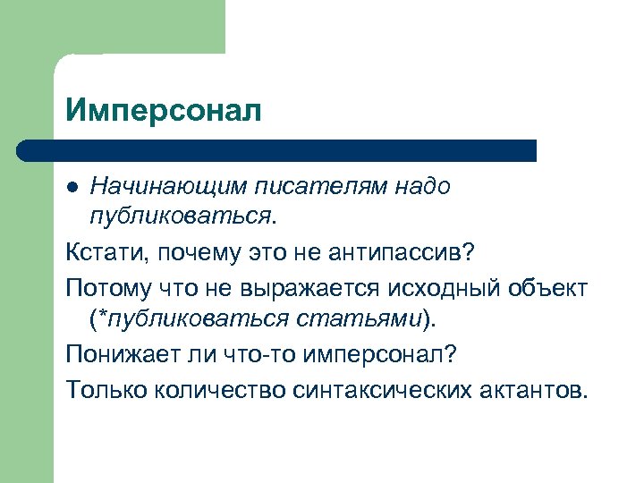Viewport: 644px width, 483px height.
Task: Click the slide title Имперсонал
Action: click(164, 111)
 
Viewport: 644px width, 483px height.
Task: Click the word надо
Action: click(419, 187)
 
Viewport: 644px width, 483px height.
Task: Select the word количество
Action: click(227, 390)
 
